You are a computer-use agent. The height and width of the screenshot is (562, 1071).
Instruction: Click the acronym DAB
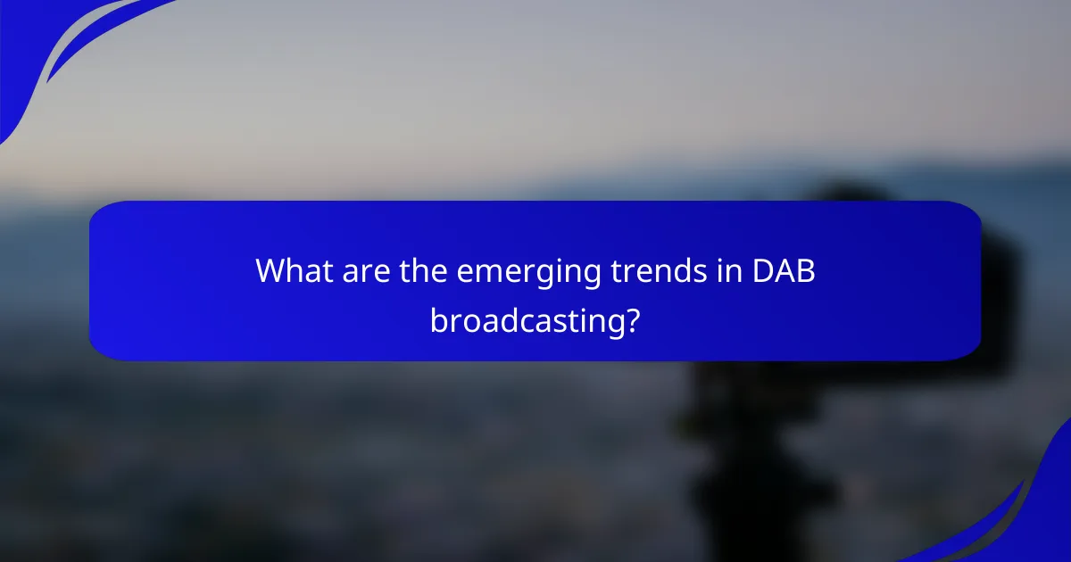tap(782, 270)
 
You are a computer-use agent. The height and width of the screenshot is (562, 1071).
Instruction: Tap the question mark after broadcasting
tap(632, 319)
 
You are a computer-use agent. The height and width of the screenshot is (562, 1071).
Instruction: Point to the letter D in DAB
tap(761, 270)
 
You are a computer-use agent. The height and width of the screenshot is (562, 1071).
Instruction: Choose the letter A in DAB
tap(783, 270)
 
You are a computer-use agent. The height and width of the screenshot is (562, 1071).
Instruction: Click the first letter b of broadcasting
tap(439, 319)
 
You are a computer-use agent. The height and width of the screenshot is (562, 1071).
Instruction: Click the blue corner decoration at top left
tap(36, 45)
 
